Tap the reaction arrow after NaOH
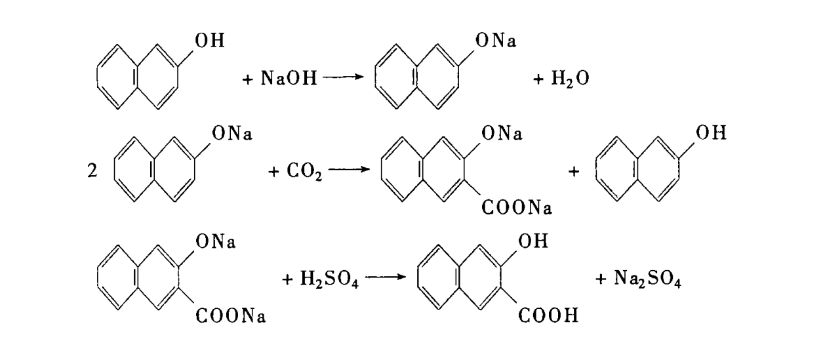click(x=343, y=79)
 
